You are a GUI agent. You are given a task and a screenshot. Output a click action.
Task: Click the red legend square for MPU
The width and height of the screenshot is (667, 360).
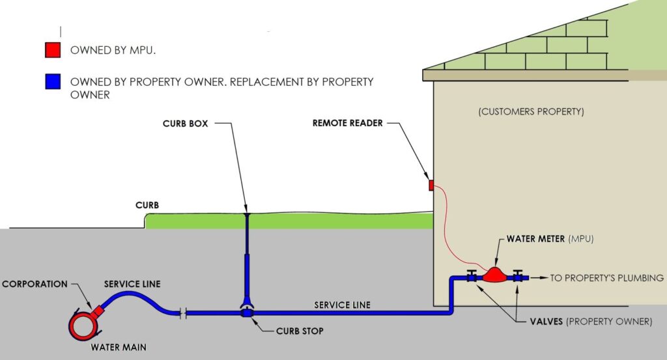click(53, 49)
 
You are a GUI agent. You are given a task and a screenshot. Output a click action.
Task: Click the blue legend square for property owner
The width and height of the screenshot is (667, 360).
click(53, 82)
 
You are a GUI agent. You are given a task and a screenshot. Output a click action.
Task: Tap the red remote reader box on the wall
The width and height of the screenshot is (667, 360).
click(431, 186)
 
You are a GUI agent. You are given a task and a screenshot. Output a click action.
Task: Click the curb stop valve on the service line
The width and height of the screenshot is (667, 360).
click(248, 313)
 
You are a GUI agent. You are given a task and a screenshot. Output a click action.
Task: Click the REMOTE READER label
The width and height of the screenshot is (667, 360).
click(347, 123)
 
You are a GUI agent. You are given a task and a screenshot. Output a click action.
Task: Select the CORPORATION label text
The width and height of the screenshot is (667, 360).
click(35, 284)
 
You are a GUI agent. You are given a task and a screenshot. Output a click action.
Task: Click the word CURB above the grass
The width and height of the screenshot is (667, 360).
click(147, 205)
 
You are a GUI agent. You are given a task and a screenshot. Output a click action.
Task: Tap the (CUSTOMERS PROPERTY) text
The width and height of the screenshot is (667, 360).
click(531, 111)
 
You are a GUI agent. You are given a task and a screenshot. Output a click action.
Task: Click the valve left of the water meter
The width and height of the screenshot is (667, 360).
click(471, 277)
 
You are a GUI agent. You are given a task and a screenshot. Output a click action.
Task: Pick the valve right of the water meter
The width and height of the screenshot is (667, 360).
click(518, 277)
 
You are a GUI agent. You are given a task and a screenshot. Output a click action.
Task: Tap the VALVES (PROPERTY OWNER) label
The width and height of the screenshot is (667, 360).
click(589, 322)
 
